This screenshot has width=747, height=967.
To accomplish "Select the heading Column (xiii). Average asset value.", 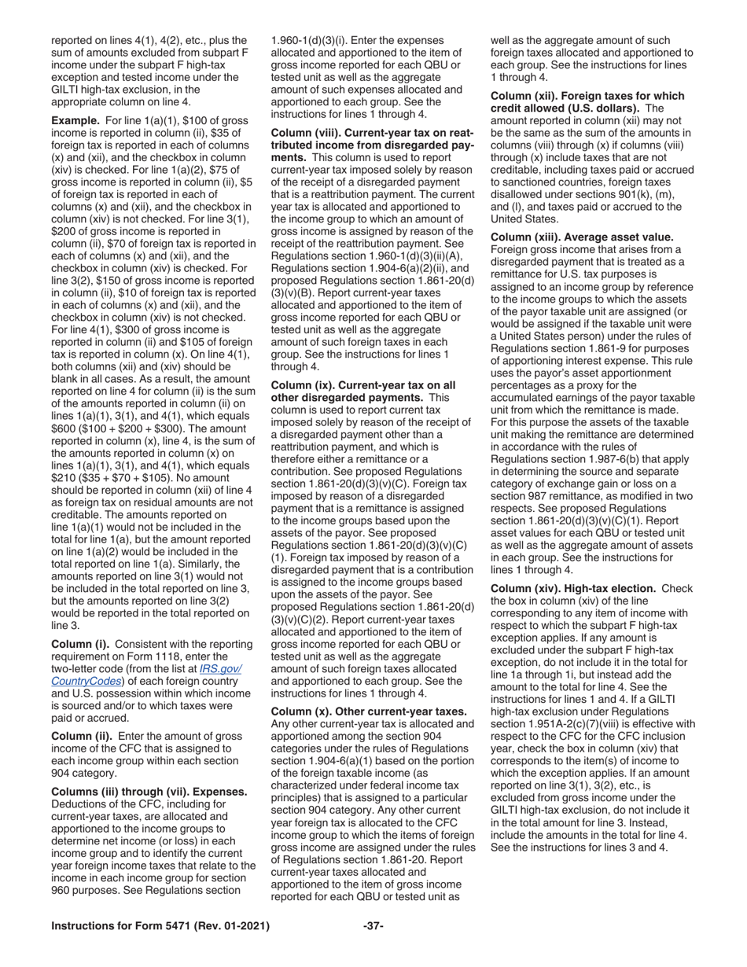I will click(582, 237).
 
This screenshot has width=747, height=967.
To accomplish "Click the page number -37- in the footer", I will click(373, 926).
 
